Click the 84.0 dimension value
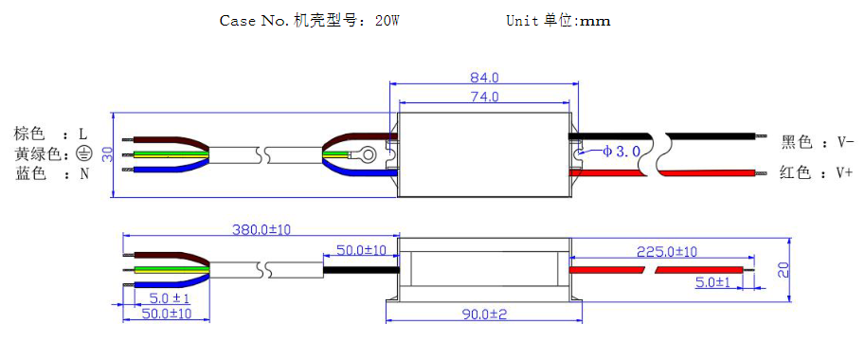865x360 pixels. (x=484, y=78)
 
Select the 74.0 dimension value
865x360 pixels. (x=484, y=96)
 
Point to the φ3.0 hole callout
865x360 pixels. (x=622, y=152)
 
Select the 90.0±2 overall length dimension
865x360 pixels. (x=484, y=314)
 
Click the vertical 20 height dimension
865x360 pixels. (x=783, y=269)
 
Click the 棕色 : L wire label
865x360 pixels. (x=50, y=134)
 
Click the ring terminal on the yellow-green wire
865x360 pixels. (x=368, y=153)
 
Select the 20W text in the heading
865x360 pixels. (x=387, y=20)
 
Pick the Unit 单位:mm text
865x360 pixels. (x=558, y=20)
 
